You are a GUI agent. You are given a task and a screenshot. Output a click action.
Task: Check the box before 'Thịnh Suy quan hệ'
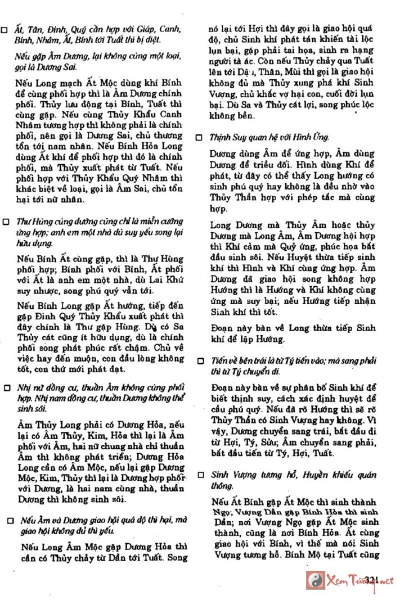click(x=199, y=137)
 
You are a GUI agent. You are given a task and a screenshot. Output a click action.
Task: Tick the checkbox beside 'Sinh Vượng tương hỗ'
click(x=199, y=474)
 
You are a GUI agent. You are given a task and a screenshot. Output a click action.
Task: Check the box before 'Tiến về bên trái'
click(x=199, y=360)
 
